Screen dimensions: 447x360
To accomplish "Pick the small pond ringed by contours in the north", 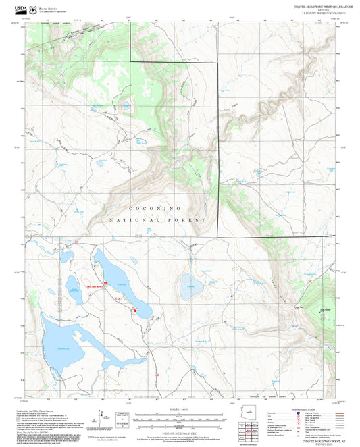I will (126, 105).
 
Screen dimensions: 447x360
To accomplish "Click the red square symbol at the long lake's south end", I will (135, 311).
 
